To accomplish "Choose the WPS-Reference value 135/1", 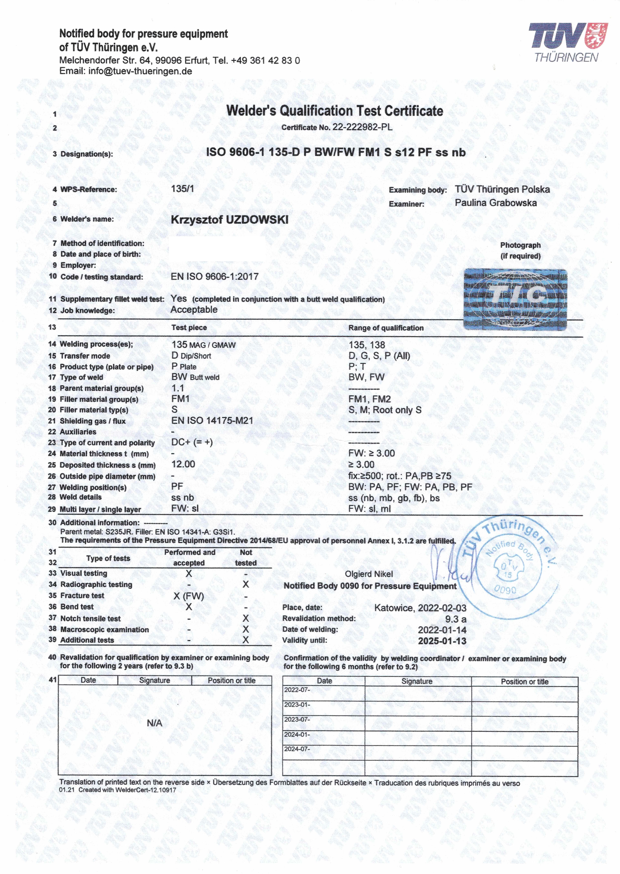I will click(182, 189).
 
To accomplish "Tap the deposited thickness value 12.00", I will click(183, 464).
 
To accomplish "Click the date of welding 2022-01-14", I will click(442, 630).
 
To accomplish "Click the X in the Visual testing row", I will click(189, 574).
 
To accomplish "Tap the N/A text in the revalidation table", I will click(154, 723).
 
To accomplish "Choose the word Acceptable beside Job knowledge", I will click(194, 310).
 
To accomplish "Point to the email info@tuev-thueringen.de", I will click(140, 71).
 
